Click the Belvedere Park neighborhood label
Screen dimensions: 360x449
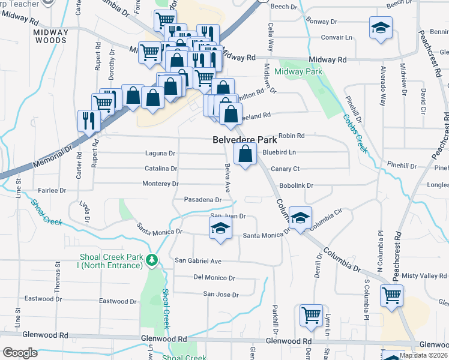pos(244,139)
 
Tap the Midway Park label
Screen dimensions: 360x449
pos(298,72)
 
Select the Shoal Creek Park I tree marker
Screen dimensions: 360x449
pos(152,260)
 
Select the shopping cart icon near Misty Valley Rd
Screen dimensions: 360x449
pos(391,295)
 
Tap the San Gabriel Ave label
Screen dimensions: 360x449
pos(198,261)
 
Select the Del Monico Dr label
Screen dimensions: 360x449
pos(214,278)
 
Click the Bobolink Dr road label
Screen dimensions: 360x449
pos(297,186)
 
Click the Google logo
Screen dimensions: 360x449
pos(20,353)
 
